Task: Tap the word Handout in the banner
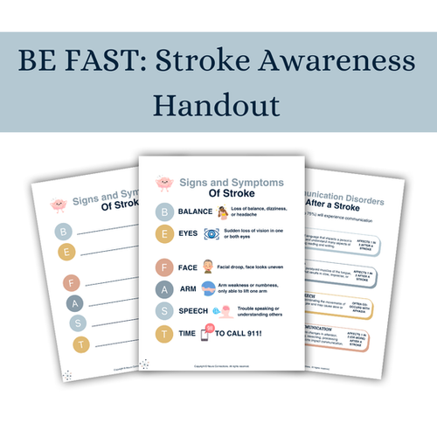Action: coord(218,104)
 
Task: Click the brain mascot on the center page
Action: coord(163,184)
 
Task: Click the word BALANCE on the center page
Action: coord(193,212)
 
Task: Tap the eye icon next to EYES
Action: coord(212,234)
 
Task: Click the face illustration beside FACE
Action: coord(208,267)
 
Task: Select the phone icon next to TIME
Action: coord(212,334)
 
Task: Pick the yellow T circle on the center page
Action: coord(163,334)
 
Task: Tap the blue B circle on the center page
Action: coord(163,212)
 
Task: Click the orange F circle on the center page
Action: coord(163,267)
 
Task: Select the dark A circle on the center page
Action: coord(163,288)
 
